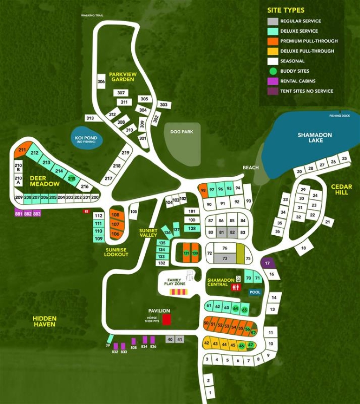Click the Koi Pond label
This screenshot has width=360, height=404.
[x=85, y=139]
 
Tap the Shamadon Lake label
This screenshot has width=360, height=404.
[x=315, y=137]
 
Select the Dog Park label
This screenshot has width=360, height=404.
[x=182, y=132]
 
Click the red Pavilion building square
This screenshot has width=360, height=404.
[x=166, y=320]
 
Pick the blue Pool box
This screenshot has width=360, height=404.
[x=255, y=292]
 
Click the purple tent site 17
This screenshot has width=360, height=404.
[x=267, y=263]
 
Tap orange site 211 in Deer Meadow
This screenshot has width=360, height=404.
[x=22, y=150]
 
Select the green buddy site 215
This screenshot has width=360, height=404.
[x=71, y=179]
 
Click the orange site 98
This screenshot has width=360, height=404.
[x=203, y=190]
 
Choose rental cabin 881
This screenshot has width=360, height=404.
[x=19, y=213]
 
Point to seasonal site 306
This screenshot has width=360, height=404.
[x=101, y=82]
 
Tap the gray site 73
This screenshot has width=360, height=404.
[x=225, y=258]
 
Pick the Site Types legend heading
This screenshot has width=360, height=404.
[x=285, y=10]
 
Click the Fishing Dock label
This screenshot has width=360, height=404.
[x=339, y=115]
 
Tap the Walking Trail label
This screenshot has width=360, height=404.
[x=92, y=15]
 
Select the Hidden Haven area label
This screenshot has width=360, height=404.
[x=45, y=321]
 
